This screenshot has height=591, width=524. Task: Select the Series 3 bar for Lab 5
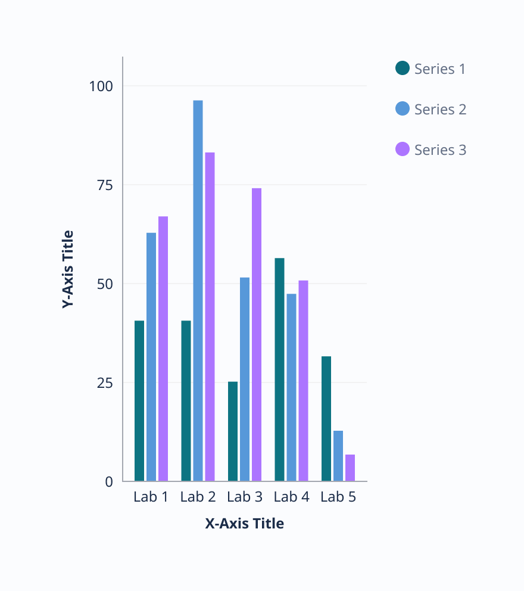[350, 468]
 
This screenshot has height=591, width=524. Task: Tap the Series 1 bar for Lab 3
[233, 431]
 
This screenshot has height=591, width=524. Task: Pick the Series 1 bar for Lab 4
[279, 369]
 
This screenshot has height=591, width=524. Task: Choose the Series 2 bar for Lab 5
[338, 456]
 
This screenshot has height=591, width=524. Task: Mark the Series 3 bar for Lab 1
[163, 349]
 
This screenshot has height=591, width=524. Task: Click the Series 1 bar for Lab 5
[326, 419]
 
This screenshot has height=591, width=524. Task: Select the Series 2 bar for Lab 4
[291, 387]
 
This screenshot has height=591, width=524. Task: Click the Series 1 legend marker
[403, 69]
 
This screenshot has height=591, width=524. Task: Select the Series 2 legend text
[440, 110]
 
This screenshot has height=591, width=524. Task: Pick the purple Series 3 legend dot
[403, 150]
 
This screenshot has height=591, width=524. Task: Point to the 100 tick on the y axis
[101, 86]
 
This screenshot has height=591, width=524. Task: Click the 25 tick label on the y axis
[105, 382]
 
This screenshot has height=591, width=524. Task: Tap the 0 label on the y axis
[109, 481]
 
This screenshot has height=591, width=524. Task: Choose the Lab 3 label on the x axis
[245, 497]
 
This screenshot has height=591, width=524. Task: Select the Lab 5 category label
[338, 497]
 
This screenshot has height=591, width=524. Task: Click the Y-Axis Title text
[68, 269]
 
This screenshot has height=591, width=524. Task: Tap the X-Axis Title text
[245, 524]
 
